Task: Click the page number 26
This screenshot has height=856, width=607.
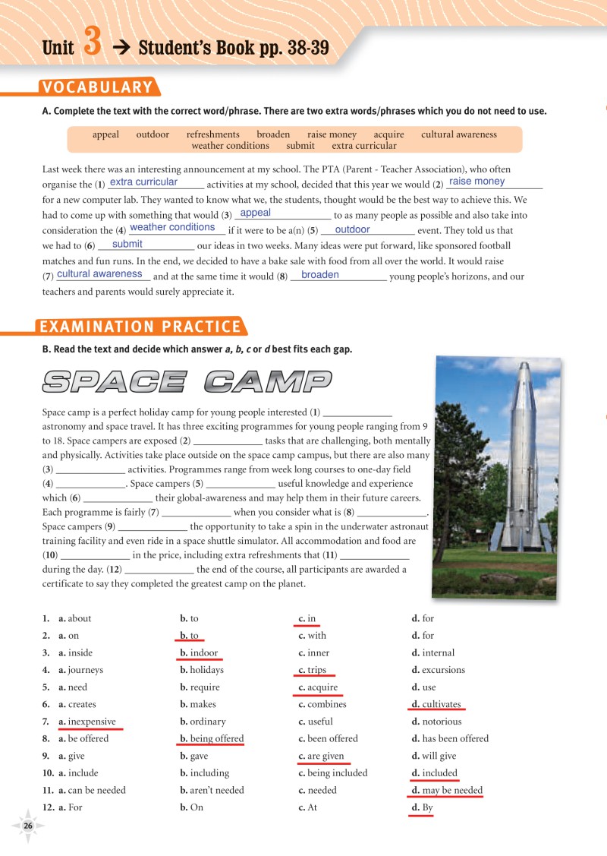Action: point(28,826)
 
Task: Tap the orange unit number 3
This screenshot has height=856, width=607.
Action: point(92,43)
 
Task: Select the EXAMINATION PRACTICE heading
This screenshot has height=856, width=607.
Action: point(140,327)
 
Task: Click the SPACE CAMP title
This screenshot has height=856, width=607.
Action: point(187,381)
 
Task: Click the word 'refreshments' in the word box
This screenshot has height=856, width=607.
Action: point(212,134)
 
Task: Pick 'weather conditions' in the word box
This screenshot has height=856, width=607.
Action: point(230,146)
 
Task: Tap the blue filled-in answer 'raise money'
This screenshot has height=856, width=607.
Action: point(476,182)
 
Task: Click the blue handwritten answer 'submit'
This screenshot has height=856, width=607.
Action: point(127,245)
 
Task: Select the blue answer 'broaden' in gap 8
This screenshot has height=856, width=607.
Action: point(319,275)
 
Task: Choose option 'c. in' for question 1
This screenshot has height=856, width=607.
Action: point(307,619)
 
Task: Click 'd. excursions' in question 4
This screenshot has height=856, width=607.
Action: point(438,670)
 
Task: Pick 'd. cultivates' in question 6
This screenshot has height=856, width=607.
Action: point(436,704)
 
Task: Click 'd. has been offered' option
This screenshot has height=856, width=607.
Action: point(450,738)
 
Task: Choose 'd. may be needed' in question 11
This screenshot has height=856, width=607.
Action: point(447,790)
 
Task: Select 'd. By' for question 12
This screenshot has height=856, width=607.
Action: point(423,807)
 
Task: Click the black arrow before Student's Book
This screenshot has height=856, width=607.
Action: point(121,49)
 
